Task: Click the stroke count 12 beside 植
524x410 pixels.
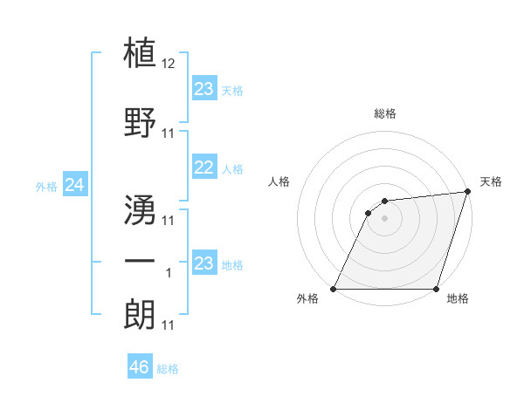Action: (x=169, y=64)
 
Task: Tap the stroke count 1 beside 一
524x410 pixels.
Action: (x=169, y=274)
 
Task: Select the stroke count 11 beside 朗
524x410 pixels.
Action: (x=169, y=325)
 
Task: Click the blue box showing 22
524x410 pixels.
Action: (x=204, y=168)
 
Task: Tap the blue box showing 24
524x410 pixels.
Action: (x=74, y=185)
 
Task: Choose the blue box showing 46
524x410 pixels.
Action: (x=140, y=368)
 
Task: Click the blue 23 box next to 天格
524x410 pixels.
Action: (x=204, y=89)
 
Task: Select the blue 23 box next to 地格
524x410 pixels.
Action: (x=204, y=263)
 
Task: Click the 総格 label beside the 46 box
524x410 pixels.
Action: (x=168, y=369)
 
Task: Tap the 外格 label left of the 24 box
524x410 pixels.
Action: (x=46, y=186)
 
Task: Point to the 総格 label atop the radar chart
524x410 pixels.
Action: (x=385, y=114)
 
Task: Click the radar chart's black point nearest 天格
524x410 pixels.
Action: (x=468, y=192)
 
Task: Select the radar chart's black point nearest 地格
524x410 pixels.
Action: (x=436, y=289)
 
